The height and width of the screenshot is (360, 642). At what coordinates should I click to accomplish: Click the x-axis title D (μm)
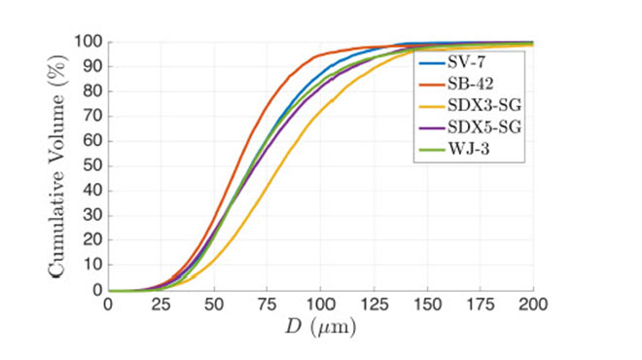click(x=320, y=328)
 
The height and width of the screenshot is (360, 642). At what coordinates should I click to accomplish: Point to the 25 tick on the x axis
click(x=160, y=305)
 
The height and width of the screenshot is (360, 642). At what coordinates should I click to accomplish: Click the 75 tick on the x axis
click(x=267, y=305)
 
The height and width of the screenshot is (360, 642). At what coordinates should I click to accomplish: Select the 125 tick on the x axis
click(x=374, y=305)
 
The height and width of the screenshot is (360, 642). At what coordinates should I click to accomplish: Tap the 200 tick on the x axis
click(x=533, y=305)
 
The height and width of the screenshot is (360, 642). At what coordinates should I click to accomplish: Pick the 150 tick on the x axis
click(x=427, y=305)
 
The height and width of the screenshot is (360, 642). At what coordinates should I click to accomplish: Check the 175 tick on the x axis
click(x=480, y=305)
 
